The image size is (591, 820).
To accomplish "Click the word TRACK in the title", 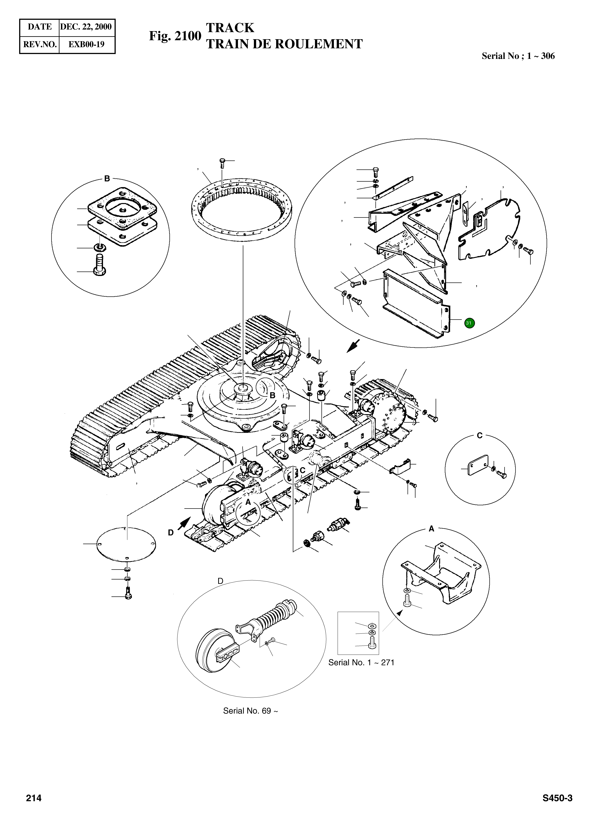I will [230, 28].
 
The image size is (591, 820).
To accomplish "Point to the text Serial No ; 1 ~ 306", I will [518, 56].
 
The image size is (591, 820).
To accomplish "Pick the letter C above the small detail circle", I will [479, 436].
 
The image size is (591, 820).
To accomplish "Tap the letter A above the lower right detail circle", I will [431, 529].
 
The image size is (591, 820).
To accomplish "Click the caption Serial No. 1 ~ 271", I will [361, 663].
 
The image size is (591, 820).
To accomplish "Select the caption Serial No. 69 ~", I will [250, 711].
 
